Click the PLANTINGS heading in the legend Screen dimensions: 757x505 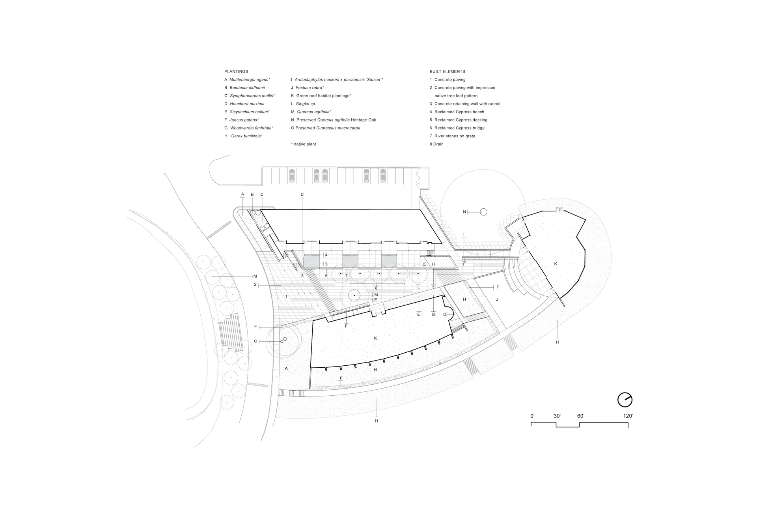click(236, 71)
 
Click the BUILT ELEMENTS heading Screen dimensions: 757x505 click(447, 71)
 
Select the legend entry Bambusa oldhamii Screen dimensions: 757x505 click(244, 88)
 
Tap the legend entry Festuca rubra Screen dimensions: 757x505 click(308, 88)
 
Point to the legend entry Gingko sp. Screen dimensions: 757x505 click(304, 104)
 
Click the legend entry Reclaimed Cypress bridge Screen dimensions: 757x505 click(457, 128)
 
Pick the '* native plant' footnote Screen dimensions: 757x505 click(304, 144)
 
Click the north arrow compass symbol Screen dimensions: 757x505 click(625, 400)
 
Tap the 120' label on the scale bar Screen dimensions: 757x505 click(628, 416)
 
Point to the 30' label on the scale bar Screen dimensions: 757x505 click(557, 416)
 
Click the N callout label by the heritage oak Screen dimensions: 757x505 click(464, 212)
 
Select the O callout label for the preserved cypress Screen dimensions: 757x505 click(255, 341)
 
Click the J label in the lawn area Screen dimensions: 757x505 click(497, 300)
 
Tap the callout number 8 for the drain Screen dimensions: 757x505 click(376, 288)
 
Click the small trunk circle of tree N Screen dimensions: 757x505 click(484, 212)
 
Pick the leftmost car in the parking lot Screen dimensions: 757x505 click(292, 175)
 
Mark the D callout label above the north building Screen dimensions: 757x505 click(302, 195)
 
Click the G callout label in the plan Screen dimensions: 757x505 click(433, 314)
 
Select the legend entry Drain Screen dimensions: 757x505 click(436, 144)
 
